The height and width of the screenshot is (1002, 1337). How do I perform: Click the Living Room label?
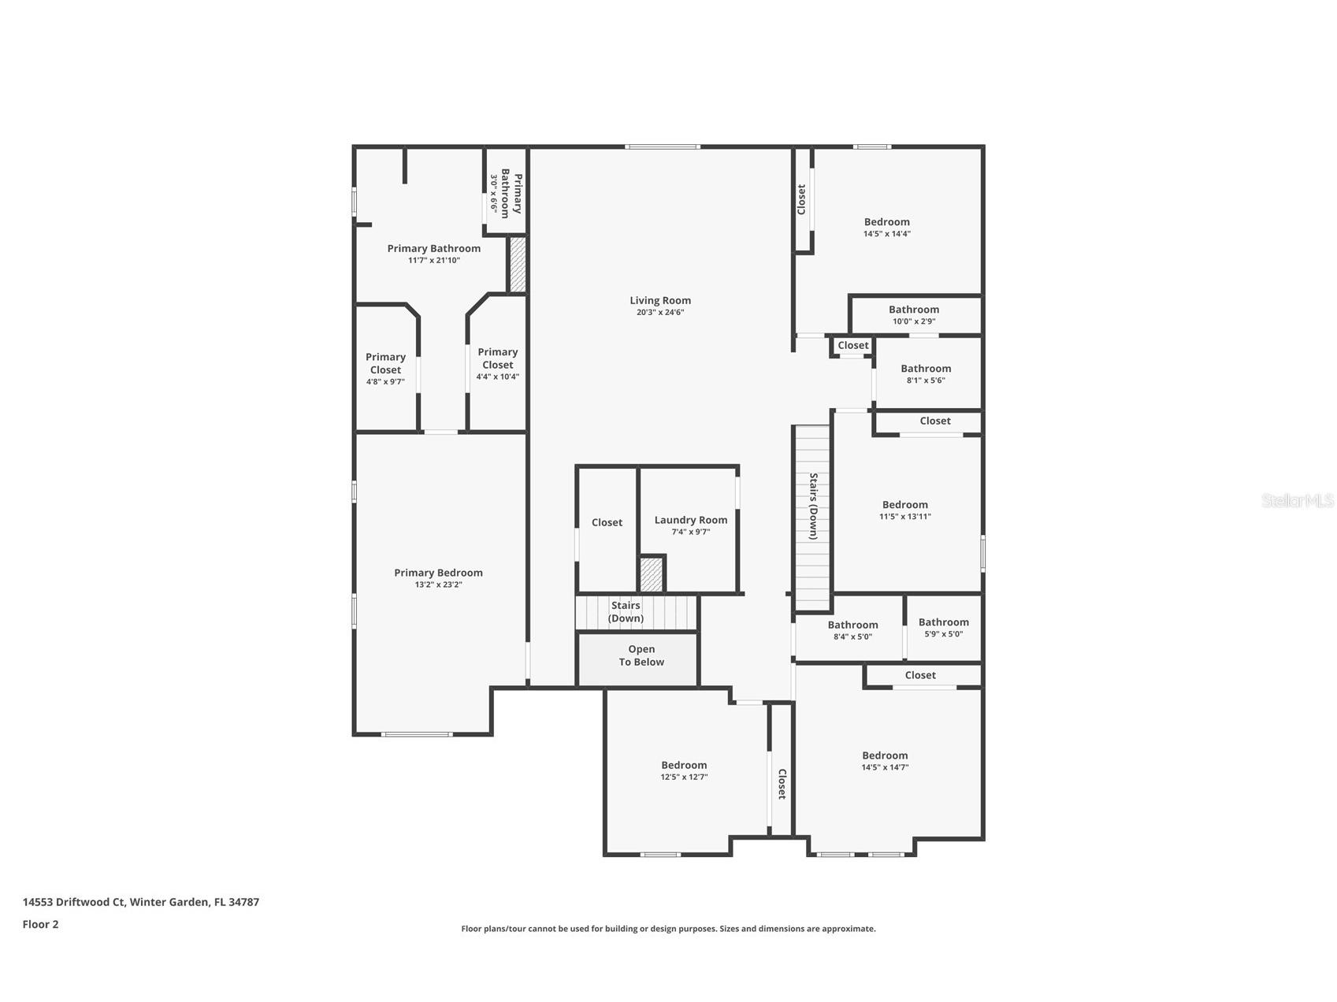point(659,300)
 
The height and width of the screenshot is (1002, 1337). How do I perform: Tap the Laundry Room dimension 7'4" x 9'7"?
point(690,532)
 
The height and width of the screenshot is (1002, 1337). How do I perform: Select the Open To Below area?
point(641,656)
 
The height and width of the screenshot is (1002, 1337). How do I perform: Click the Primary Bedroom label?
point(438,573)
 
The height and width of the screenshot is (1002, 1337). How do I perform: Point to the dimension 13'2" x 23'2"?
point(438,584)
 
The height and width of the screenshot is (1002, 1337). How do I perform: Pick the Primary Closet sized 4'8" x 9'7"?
point(385,369)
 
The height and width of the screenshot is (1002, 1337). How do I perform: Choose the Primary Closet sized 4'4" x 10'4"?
point(497,363)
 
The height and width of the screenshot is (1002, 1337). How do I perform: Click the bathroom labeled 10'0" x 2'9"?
point(914,315)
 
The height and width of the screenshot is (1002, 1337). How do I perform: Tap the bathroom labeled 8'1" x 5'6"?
point(926,373)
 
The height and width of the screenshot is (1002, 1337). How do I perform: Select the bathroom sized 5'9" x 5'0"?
point(943,628)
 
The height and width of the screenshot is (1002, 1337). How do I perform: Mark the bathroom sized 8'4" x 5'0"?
point(852,630)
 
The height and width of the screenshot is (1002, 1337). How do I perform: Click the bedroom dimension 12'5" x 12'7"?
point(684,777)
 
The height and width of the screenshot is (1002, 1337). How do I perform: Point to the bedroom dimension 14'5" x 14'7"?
point(885,767)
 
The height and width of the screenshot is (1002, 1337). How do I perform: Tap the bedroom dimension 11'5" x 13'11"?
point(904,517)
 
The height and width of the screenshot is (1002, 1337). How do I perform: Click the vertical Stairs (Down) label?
point(812,507)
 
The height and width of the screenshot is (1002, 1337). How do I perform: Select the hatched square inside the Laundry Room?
point(651,574)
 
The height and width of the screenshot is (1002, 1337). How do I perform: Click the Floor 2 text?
point(40,925)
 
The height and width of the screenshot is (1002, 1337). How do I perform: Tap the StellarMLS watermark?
point(1297,500)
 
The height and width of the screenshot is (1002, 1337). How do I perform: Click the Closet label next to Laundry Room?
point(607,522)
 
